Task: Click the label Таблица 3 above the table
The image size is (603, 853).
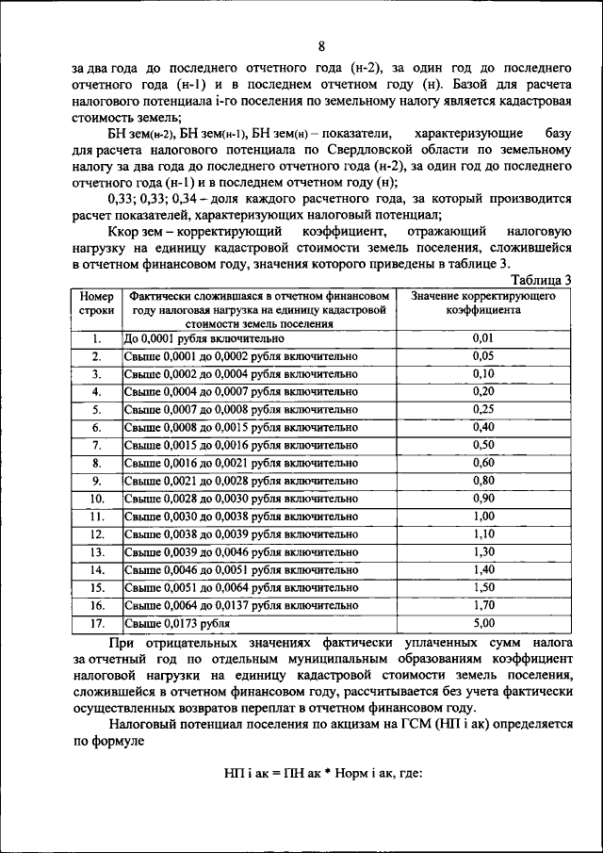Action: click(540, 280)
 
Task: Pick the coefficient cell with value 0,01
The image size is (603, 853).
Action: click(482, 338)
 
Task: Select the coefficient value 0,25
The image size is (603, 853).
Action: click(482, 410)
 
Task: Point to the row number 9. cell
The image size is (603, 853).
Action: click(96, 481)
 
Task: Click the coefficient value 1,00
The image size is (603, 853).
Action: click(482, 517)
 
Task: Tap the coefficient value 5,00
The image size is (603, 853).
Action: click(482, 624)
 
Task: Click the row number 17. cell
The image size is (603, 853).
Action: click(96, 624)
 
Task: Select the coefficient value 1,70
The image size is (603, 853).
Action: click(482, 606)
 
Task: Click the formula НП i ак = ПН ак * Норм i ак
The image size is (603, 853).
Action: click(321, 774)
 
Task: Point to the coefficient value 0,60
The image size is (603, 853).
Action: click(482, 463)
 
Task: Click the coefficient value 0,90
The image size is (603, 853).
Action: click(482, 499)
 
